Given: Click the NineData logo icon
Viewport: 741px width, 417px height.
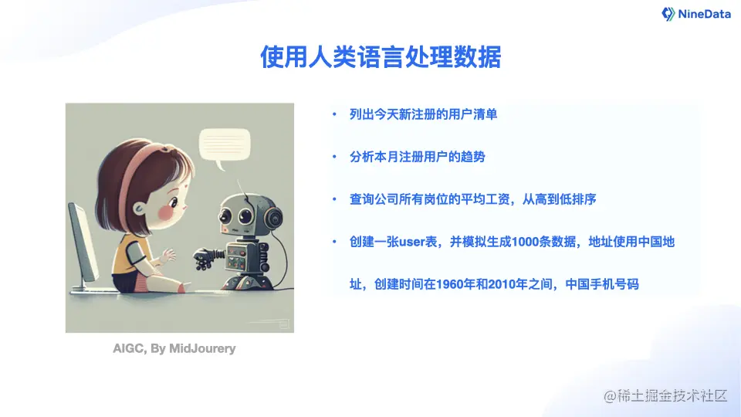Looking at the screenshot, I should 668,14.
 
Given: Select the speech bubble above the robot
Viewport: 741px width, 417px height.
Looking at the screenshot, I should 225,144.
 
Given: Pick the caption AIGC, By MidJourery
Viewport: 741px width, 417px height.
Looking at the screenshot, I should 174,348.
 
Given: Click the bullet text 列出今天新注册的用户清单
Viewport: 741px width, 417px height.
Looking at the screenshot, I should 423,114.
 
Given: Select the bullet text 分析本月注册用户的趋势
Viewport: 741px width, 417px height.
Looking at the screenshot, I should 417,157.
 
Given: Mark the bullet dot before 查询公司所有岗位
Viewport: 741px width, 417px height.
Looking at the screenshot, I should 334,200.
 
